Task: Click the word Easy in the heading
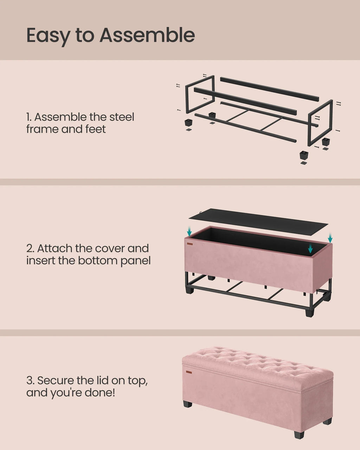click(48, 36)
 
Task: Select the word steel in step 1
click(122, 117)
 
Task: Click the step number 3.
click(30, 380)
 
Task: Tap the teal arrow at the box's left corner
click(189, 231)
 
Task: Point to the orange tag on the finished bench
click(189, 372)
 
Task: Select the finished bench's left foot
click(188, 404)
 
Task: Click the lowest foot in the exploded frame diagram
click(303, 155)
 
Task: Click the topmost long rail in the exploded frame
click(269, 89)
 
